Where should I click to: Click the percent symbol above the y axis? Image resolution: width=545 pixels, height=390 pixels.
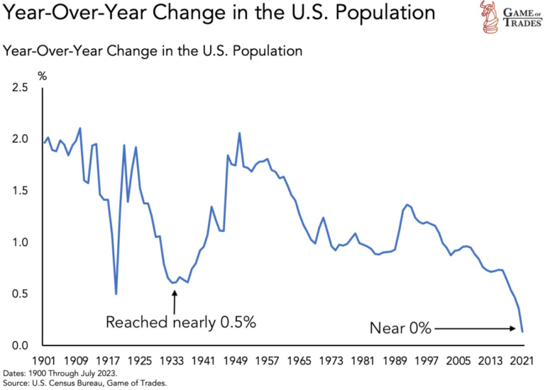tap(42, 75)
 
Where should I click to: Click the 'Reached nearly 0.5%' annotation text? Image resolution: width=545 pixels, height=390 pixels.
tap(180, 323)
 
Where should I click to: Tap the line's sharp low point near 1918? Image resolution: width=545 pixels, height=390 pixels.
tap(116, 294)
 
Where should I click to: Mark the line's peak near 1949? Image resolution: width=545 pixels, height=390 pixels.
tap(239, 133)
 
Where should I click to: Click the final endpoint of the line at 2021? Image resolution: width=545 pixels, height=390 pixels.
tap(522, 331)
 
